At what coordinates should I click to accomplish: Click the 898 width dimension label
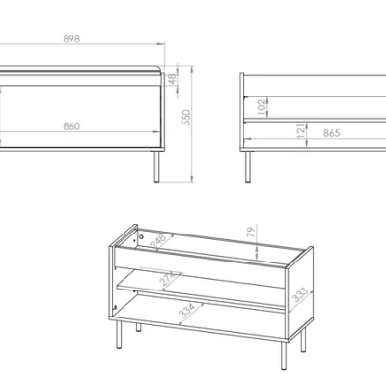point(71,39)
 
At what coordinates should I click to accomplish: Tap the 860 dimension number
point(71,126)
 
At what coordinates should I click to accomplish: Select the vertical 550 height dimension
point(186,118)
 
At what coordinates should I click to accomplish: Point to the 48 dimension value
point(172,79)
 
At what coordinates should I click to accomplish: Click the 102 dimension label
point(262,107)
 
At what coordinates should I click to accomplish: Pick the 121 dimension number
point(300,130)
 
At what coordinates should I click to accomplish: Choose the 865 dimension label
point(331,133)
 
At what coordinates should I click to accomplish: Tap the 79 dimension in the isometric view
point(251,232)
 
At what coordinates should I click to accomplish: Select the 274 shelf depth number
point(168,279)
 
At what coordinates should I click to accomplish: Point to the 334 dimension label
point(187,311)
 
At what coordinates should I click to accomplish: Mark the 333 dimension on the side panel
point(300,295)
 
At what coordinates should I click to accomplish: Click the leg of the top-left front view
point(156,167)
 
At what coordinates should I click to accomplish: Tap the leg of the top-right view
point(248,167)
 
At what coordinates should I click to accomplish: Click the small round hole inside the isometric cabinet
point(141,237)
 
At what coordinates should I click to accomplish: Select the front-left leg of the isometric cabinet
point(119,335)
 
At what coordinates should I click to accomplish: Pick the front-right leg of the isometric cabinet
point(284,355)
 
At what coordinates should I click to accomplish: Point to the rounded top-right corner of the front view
point(160,69)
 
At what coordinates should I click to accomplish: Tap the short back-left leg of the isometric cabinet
point(138,327)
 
